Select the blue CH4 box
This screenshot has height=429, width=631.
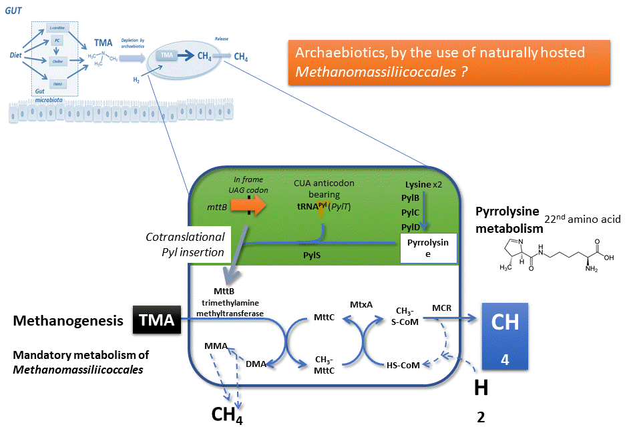click(505, 337)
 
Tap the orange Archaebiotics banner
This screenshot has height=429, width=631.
click(449, 62)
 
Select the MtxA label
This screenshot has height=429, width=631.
click(361, 304)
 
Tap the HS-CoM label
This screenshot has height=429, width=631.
click(403, 365)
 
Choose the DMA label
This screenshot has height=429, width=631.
click(256, 364)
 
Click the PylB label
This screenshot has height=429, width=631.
click(410, 198)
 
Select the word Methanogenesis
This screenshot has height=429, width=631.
click(68, 322)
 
